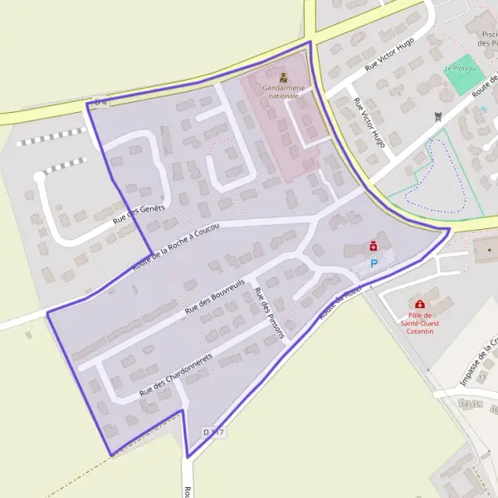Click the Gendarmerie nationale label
[x=284, y=91]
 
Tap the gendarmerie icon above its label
[x=284, y=77]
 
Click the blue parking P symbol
[x=373, y=263]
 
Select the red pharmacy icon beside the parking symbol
[x=373, y=246]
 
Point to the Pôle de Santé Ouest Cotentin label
[x=420, y=324]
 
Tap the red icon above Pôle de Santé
[x=420, y=305]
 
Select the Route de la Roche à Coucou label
[x=175, y=247]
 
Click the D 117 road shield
[x=213, y=432]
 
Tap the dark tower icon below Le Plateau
[x=439, y=118]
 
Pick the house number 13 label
[x=481, y=377]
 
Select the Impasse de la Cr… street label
[x=479, y=362]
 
